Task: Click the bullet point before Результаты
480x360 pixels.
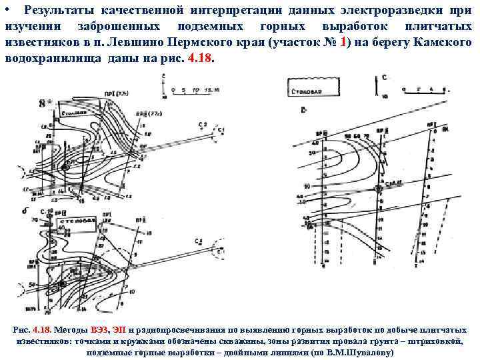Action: coord(6,11)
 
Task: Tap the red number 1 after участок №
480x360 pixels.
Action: coord(343,42)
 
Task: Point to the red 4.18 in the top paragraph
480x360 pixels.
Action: coord(201,57)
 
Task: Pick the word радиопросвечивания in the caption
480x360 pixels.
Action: coord(173,330)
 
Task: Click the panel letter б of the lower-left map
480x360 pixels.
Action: coord(25,211)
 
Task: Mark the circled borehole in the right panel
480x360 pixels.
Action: coord(379,189)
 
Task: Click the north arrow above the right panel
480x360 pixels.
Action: coord(384,83)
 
